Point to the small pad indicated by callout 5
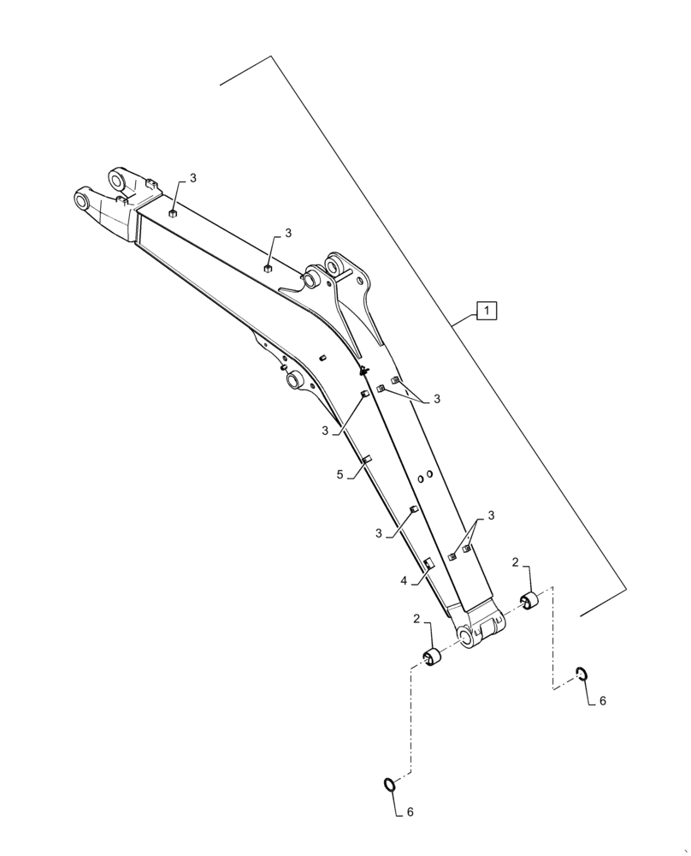click(x=367, y=460)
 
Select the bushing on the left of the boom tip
click(x=434, y=657)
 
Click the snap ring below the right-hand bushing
click(x=581, y=674)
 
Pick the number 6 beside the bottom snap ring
click(x=410, y=811)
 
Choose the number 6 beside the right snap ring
click(x=602, y=700)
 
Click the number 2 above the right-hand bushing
click(x=516, y=562)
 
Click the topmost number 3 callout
click(x=192, y=178)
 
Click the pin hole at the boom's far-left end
click(x=83, y=202)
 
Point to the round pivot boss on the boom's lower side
click(x=295, y=378)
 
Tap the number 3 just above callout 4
click(x=378, y=533)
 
